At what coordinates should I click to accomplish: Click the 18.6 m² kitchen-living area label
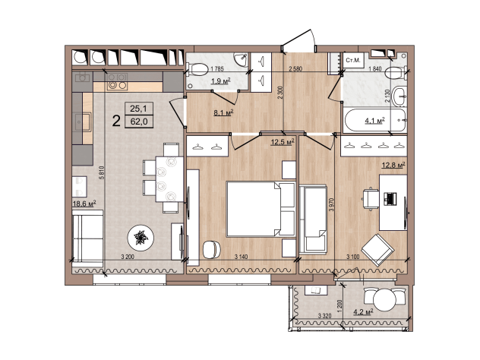coord(84,204)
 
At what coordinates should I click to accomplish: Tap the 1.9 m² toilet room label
coord(221,81)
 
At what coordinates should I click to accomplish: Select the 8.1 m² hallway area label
coord(223,112)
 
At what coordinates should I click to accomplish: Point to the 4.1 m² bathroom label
coord(374,121)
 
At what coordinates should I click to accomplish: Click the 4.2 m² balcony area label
coord(363,312)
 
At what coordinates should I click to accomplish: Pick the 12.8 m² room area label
coord(393,166)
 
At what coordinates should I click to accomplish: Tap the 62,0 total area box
coord(139,122)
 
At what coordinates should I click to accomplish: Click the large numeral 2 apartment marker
coord(116,121)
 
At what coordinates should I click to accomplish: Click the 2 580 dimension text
coord(295,68)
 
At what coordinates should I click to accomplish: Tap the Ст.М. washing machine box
coord(352,60)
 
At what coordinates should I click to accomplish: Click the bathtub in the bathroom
coord(374,120)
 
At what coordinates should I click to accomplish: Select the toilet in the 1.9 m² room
coord(197,69)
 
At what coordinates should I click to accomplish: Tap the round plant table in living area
coord(141,237)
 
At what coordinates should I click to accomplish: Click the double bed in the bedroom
coord(261,209)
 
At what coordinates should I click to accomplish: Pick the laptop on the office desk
coord(390,199)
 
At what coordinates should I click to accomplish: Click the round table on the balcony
coord(384,300)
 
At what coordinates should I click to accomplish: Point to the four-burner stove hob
coord(117,82)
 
